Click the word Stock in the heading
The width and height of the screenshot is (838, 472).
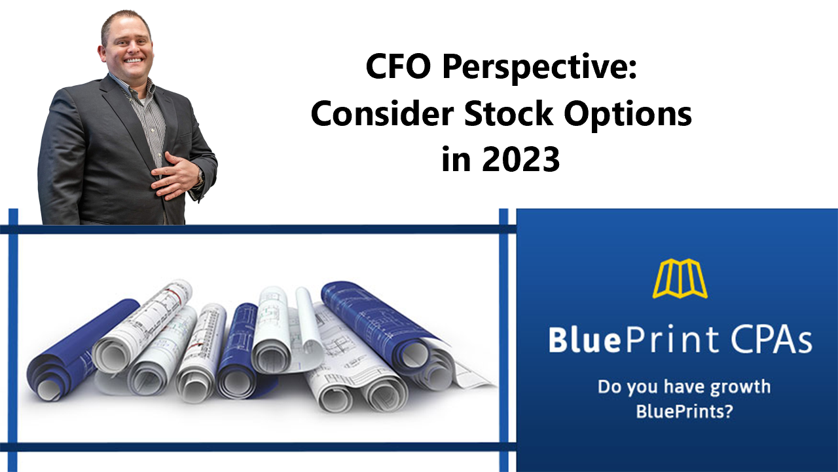point(509,113)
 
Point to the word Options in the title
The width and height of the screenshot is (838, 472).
point(628,116)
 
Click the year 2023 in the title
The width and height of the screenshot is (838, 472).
point(520,159)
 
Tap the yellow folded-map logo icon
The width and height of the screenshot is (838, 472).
point(680,279)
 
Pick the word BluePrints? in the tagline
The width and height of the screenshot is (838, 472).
point(684,411)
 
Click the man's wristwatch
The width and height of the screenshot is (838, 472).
point(200,177)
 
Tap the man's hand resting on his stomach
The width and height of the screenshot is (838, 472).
point(177,175)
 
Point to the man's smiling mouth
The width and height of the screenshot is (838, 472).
point(133,60)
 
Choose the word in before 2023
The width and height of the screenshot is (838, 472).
point(456,159)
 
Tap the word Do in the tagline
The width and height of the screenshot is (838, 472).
point(610,386)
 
